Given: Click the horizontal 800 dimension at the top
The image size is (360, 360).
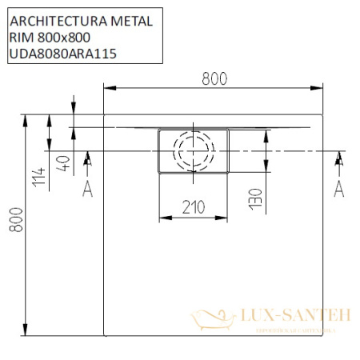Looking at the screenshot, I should [x=214, y=78].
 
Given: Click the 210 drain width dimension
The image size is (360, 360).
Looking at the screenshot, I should [x=191, y=206].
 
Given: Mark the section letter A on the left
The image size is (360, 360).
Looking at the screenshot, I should [x=87, y=188].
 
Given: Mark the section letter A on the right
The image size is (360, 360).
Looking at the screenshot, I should [x=338, y=188].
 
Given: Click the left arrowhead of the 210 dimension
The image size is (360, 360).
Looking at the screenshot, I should [x=164, y=216].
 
